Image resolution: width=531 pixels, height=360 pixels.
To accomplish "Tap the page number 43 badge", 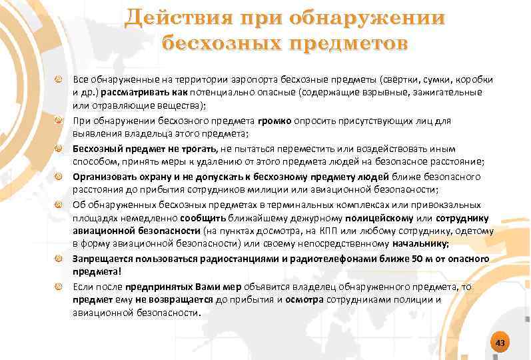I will [x=500, y=343].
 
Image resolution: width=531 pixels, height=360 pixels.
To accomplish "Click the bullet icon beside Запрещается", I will [x=59, y=259].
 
